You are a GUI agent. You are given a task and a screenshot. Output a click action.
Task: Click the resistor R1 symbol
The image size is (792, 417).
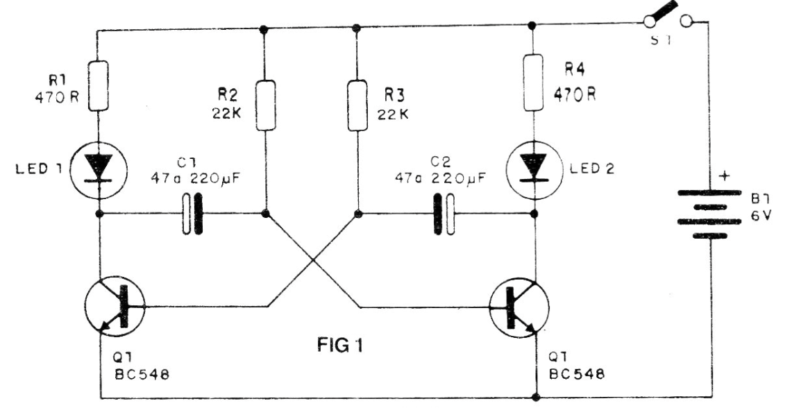pyautogui.click(x=99, y=86)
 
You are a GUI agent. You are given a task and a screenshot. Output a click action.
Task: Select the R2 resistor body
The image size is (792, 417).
pyautogui.click(x=266, y=105)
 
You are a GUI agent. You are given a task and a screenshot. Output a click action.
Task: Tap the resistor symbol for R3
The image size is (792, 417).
pyautogui.click(x=357, y=105)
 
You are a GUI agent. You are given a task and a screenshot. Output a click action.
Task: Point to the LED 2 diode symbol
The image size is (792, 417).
pyautogui.click(x=533, y=168)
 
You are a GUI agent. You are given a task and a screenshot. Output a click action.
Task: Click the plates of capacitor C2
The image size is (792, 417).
pyautogui.click(x=444, y=214)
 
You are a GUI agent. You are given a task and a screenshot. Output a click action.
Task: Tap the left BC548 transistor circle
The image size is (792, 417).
pyautogui.click(x=115, y=306)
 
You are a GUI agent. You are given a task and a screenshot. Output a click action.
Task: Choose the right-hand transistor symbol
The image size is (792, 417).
pyautogui.click(x=519, y=307)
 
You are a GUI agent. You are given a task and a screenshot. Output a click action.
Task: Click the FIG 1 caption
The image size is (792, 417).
pyautogui.click(x=340, y=346)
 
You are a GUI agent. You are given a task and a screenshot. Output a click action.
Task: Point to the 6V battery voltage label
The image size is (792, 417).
pyautogui.click(x=761, y=216)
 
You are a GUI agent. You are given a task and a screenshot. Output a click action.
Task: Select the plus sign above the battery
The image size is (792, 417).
pyautogui.click(x=724, y=176)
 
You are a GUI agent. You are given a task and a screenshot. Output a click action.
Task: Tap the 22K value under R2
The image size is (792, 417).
pyautogui.click(x=227, y=113)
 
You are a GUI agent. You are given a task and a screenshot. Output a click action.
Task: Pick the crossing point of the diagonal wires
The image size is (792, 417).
pyautogui.click(x=314, y=260)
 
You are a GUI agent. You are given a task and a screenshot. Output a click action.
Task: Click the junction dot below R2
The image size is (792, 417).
pyautogui.click(x=265, y=214)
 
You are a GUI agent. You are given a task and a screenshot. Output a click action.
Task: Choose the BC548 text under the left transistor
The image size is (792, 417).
pyautogui.click(x=142, y=375)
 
